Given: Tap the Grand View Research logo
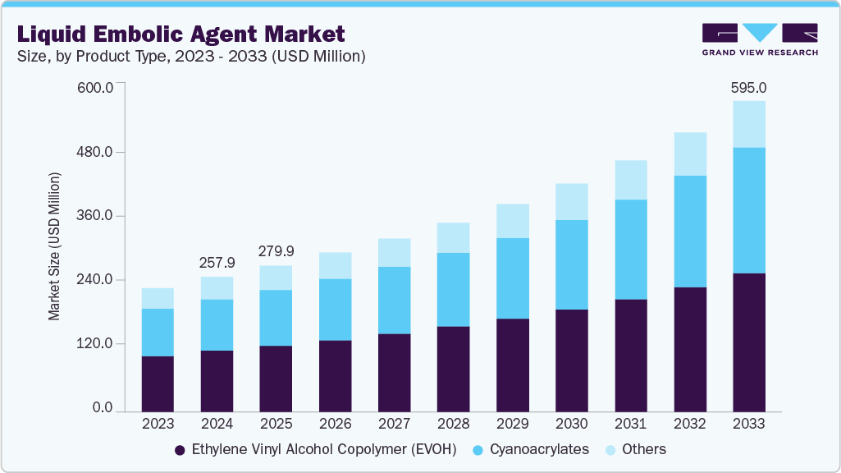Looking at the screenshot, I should click(x=759, y=39).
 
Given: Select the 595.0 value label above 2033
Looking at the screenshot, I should click(x=748, y=87).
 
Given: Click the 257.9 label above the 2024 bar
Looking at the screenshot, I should click(x=217, y=263).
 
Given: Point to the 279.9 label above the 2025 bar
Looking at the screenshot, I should click(x=276, y=251).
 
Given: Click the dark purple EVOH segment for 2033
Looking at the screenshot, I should click(x=748, y=342).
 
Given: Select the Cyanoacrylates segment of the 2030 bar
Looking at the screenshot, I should click(x=571, y=264).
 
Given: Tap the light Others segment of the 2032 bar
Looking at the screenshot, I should click(x=689, y=154).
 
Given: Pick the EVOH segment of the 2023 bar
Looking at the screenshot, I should click(x=158, y=383).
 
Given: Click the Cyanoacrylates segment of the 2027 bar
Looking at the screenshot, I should click(x=394, y=300).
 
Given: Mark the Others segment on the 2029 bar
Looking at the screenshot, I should click(x=512, y=221).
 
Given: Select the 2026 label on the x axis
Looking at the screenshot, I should click(x=335, y=425).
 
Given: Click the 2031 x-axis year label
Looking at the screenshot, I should click(x=630, y=425).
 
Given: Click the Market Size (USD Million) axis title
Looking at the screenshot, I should click(x=54, y=246).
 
